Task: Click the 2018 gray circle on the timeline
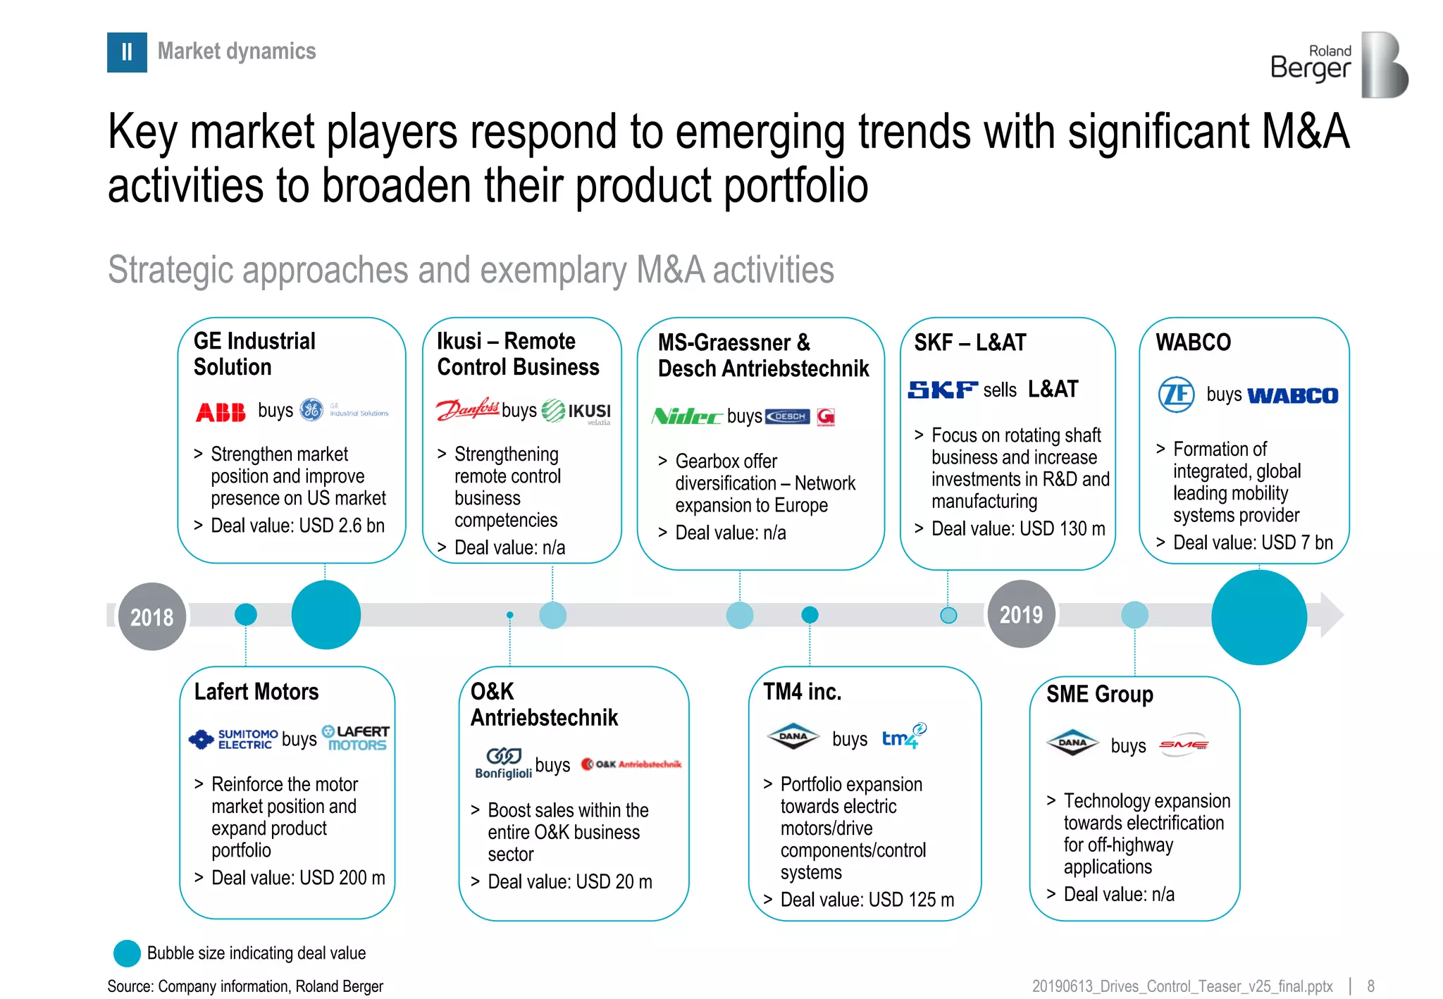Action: (x=151, y=616)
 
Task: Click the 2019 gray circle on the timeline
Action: (x=1021, y=614)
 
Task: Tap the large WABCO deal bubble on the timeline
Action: (x=1258, y=617)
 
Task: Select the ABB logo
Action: (x=221, y=412)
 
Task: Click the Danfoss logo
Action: (x=468, y=409)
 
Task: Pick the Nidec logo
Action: (x=687, y=416)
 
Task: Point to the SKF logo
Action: (x=943, y=390)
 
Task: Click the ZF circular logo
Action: (x=1176, y=395)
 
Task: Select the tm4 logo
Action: (x=903, y=737)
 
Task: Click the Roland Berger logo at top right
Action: (x=1339, y=65)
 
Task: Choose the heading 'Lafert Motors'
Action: (x=256, y=692)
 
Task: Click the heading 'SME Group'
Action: (x=1099, y=695)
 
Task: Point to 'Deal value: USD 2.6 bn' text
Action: (x=297, y=526)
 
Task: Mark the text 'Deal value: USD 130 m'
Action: (x=1017, y=528)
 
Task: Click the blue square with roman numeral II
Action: (x=127, y=52)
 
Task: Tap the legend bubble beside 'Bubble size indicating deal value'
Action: (x=127, y=953)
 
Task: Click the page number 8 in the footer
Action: (x=1370, y=986)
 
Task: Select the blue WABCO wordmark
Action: (x=1292, y=396)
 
